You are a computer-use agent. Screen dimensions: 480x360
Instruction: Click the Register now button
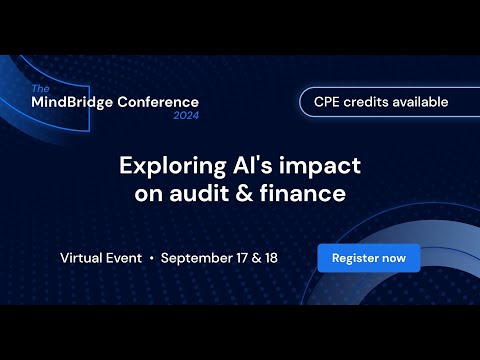[369, 258]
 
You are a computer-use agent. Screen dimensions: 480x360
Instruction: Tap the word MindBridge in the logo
[72, 102]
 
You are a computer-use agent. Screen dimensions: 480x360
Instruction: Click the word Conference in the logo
[158, 102]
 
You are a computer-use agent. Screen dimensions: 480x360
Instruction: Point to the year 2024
[186, 115]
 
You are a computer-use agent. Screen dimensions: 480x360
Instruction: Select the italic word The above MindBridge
[40, 89]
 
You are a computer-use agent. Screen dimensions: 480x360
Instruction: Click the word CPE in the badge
[327, 102]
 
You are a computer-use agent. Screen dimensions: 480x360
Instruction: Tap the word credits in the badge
[366, 102]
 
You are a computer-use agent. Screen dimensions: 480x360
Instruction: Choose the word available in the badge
[420, 102]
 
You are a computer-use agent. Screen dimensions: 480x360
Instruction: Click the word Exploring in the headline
[173, 166]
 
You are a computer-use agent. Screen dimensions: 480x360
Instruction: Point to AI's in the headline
[253, 165]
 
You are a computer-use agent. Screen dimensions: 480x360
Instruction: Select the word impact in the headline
[320, 166]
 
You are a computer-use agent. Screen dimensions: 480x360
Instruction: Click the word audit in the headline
[199, 193]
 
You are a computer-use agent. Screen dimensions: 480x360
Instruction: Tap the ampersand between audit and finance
[244, 194]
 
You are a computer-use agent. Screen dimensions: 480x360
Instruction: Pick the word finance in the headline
[303, 193]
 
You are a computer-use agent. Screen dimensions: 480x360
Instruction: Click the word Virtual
[81, 258]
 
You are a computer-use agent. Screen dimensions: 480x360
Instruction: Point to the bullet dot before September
[152, 258]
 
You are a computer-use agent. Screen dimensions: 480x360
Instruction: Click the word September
[197, 259]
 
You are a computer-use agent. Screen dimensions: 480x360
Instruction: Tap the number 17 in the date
[242, 258]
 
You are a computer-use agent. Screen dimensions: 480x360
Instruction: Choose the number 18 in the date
[271, 258]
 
